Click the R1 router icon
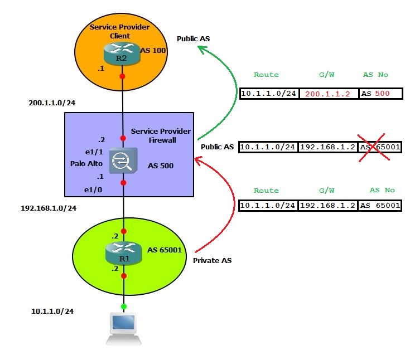pyautogui.click(x=123, y=252)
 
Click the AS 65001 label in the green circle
pyautogui.click(x=165, y=250)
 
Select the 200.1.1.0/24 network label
pyautogui.click(x=52, y=104)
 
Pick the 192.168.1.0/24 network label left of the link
pyautogui.click(x=49, y=208)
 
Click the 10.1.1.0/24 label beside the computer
pyautogui.click(x=52, y=311)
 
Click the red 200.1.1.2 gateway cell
pyautogui.click(x=328, y=94)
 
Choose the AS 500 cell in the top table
pyautogui.click(x=380, y=94)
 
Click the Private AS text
pyautogui.click(x=211, y=260)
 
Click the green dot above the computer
pyautogui.click(x=123, y=306)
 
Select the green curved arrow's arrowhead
pyautogui.click(x=202, y=50)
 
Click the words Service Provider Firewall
pyautogui.click(x=161, y=135)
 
